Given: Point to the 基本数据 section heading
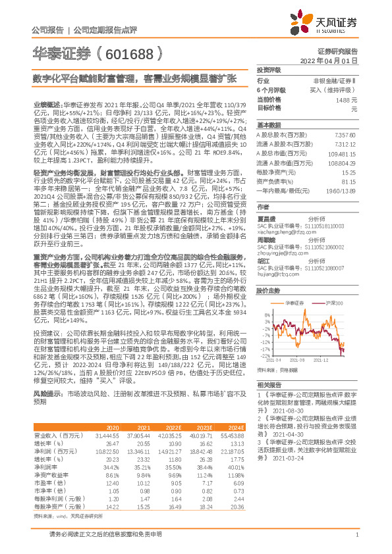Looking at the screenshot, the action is (x=268, y=124).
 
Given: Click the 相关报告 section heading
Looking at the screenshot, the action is (x=268, y=384).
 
